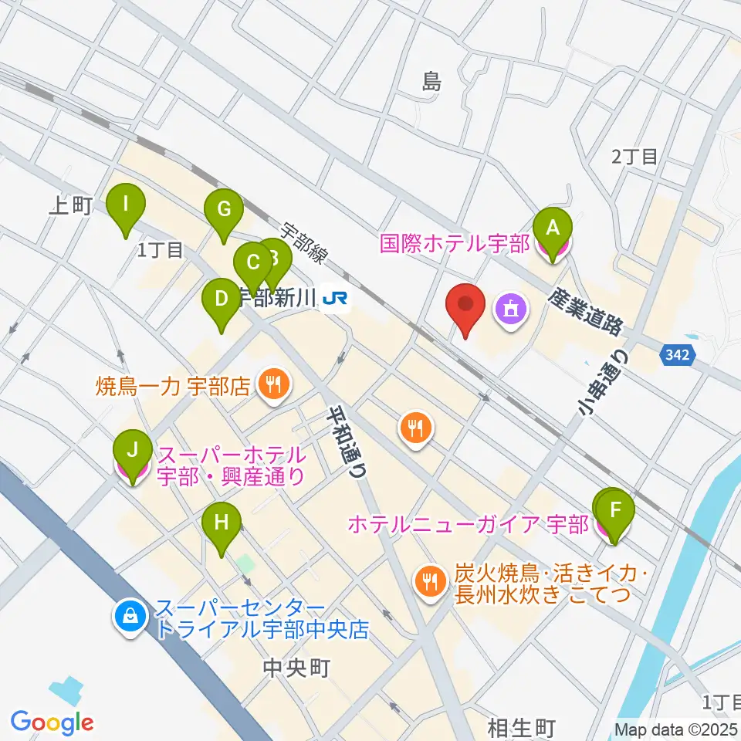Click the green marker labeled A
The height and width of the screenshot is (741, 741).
[553, 228]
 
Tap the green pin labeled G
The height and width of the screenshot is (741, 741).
[224, 209]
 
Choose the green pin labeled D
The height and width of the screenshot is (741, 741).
[221, 299]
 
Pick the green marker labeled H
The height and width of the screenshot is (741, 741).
[222, 523]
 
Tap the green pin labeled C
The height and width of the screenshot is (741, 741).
[252, 262]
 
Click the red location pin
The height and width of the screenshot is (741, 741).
[466, 307]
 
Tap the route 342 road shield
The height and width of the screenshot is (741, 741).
[678, 356]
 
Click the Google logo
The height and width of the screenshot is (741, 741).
[52, 722]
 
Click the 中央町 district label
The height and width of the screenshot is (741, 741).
[296, 668]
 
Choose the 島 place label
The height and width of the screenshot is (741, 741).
[431, 82]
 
